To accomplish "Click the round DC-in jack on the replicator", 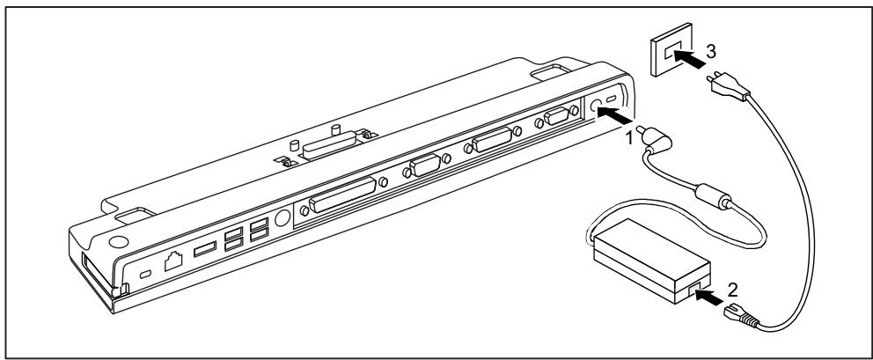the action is coord(599,106).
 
